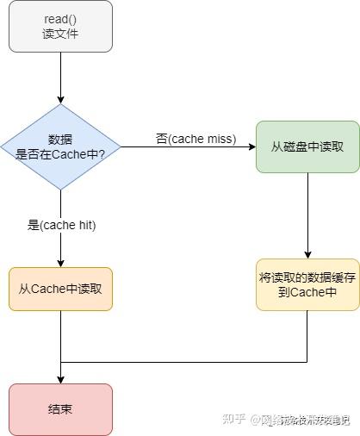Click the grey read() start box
60,26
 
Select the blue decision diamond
60,146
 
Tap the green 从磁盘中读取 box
307,146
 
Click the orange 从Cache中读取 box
60,289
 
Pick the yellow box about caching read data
307,284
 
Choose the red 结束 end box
60,408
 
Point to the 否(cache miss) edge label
196,138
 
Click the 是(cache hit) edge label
61,225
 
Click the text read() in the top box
60,19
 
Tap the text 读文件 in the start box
60,34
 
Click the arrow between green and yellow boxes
307,215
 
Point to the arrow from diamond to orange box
60,246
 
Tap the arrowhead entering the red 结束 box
60,378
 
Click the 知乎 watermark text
235,420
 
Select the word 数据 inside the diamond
60,140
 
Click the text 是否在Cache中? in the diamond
60,154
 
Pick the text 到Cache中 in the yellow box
307,292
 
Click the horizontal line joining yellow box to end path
185,363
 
